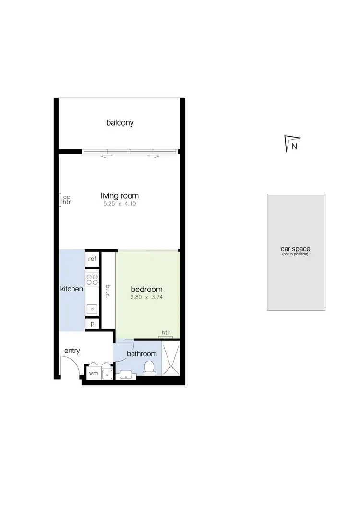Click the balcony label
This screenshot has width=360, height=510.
click(x=120, y=123)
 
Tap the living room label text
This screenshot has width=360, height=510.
click(x=120, y=196)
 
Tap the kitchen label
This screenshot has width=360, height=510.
click(x=72, y=289)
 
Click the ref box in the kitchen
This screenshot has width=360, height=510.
click(x=92, y=259)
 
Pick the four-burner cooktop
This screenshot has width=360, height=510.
click(x=92, y=280)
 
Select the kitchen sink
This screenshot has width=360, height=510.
click(x=92, y=309)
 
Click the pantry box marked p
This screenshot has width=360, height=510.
click(x=92, y=324)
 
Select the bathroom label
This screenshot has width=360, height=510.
click(x=142, y=354)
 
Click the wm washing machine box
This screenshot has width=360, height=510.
click(x=93, y=373)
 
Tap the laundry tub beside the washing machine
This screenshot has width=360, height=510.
click(x=107, y=373)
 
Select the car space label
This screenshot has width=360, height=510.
click(x=295, y=249)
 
